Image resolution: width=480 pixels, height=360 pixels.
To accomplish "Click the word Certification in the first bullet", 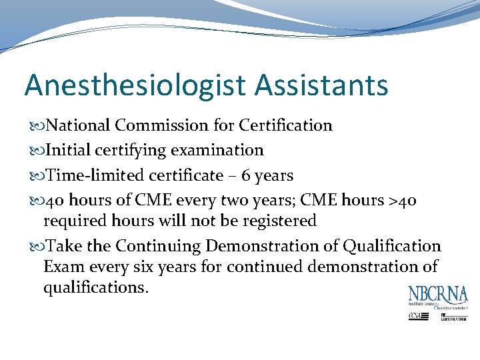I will (285, 125).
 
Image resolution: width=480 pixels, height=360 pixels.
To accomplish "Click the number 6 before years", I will (245, 176).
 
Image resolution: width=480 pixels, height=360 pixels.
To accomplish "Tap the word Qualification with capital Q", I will (392, 246).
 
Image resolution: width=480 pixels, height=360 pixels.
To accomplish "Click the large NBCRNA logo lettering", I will (438, 295).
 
